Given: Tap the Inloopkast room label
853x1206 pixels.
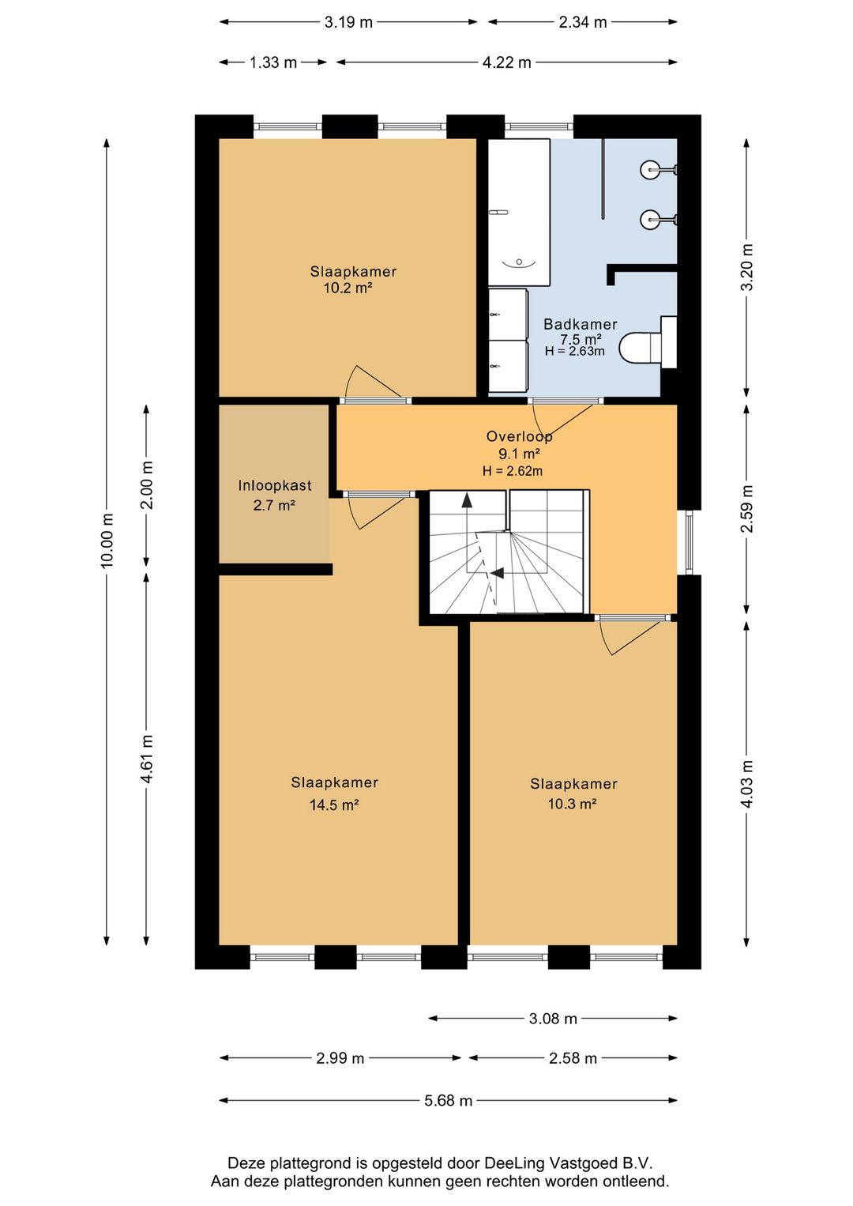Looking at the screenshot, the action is tap(275, 485).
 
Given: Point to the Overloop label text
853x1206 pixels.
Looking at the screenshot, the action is tap(519, 436).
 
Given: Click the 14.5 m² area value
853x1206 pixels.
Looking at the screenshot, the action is tap(333, 805).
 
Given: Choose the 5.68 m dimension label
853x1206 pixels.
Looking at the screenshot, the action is tap(448, 1101).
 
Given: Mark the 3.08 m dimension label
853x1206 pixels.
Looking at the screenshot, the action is tap(553, 1019).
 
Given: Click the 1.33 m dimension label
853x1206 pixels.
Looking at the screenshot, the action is tap(272, 62).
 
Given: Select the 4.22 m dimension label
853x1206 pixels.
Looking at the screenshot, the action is tap(506, 62).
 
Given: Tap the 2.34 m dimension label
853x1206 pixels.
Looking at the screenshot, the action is tap(582, 22).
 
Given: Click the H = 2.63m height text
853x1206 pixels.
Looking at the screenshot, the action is tap(574, 351).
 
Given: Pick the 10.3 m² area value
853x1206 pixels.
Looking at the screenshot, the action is tap(572, 804).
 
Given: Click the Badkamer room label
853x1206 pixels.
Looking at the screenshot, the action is tap(581, 324).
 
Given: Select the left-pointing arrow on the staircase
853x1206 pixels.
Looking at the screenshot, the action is tap(498, 573).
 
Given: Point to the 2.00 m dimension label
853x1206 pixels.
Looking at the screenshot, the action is tap(146, 484).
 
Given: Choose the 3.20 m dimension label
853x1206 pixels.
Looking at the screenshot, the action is tap(746, 267).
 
